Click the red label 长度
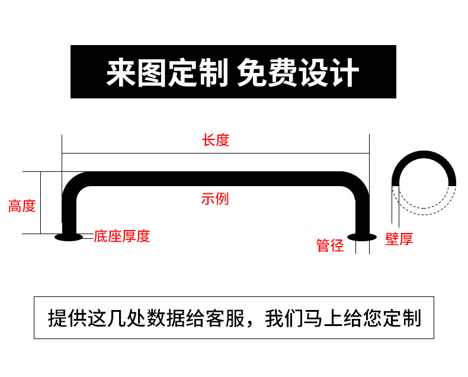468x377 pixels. [x=215, y=140]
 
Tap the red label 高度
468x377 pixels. [x=22, y=206]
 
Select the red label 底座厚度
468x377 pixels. [x=122, y=237]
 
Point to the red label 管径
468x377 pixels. [x=330, y=245]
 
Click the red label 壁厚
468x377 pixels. [x=399, y=239]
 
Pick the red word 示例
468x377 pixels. [x=214, y=199]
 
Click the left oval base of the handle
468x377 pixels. [x=68, y=237]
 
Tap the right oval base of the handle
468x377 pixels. [x=361, y=237]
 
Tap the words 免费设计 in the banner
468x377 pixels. [x=297, y=72]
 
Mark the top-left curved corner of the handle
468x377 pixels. [x=73, y=183]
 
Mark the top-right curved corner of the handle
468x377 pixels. [x=356, y=183]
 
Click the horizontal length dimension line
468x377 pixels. [x=215, y=153]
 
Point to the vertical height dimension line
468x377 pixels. [x=40, y=203]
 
